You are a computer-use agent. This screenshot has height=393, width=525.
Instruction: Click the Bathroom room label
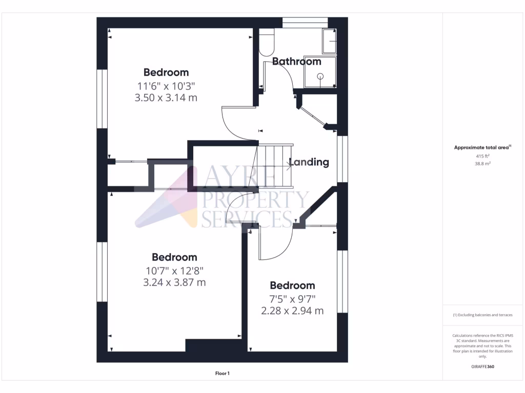tap(296, 62)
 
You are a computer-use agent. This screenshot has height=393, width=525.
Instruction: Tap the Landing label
tap(309, 162)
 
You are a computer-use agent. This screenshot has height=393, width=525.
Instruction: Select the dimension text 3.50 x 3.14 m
tap(166, 97)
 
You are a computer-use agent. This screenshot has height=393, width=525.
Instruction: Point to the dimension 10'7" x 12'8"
tap(174, 270)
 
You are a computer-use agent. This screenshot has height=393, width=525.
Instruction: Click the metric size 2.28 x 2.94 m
tap(292, 310)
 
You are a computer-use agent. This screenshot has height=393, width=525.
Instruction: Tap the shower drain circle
tap(320, 76)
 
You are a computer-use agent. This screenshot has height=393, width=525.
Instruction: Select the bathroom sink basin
tap(329, 41)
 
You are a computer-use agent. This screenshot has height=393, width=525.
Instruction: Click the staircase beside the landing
tap(275, 165)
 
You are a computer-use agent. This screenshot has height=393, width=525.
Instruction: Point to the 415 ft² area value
tap(483, 156)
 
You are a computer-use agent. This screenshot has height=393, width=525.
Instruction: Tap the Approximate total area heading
tap(482, 147)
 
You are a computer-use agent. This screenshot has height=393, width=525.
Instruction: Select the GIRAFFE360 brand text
tap(482, 366)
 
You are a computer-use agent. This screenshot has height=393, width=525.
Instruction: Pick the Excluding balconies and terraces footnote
tap(482, 315)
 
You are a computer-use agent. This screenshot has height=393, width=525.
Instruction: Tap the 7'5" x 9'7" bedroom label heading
tap(292, 286)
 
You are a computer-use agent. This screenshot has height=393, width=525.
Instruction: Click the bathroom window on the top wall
tap(305, 21)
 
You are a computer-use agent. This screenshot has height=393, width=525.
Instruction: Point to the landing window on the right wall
tap(339, 159)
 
